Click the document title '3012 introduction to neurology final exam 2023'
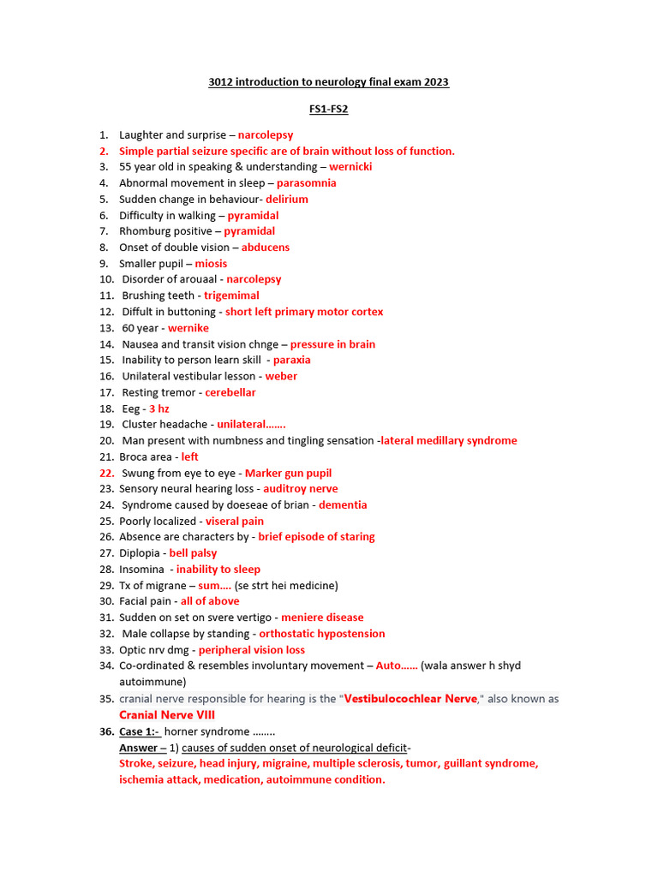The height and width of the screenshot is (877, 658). pos(328,82)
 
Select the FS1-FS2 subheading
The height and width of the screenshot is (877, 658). pos(328,110)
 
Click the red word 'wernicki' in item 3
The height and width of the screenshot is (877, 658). pos(350,167)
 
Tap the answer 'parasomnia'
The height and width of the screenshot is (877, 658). pos(306,183)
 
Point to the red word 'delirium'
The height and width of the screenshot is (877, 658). pos(286,200)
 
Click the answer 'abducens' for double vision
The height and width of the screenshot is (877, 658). pos(266,248)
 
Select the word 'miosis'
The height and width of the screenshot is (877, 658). pos(211,264)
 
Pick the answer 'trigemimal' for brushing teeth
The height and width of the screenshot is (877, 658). pos(231,296)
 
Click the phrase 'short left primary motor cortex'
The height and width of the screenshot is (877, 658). pos(304,312)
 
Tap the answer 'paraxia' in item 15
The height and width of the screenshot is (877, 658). pos(291,361)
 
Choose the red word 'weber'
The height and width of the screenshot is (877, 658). pos(281,376)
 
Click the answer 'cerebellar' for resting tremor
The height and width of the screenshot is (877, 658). pos(230,392)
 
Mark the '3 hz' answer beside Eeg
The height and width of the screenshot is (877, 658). pos(159,409)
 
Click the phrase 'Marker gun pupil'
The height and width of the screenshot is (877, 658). pos(288,473)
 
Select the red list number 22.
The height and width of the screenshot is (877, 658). pos(106,473)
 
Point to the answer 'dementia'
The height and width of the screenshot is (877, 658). pos(343,505)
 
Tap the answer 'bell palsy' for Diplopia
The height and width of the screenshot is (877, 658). pos(193,553)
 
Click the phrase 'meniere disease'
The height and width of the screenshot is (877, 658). pos(322,617)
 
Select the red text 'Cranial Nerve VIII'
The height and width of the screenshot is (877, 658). pos(167,715)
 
